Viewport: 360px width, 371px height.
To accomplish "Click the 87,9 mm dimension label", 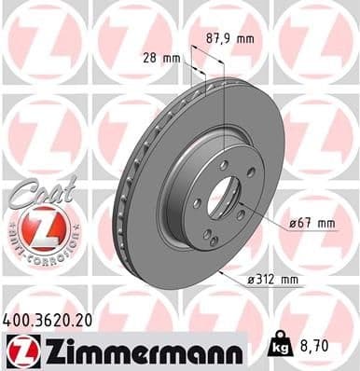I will click(228, 40).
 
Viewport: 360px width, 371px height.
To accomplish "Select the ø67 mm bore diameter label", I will click(312, 224).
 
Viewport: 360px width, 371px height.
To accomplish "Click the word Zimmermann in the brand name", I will click(139, 352).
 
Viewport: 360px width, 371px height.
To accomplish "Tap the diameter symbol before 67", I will click(294, 224).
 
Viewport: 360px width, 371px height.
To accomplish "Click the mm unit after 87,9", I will click(243, 40).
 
